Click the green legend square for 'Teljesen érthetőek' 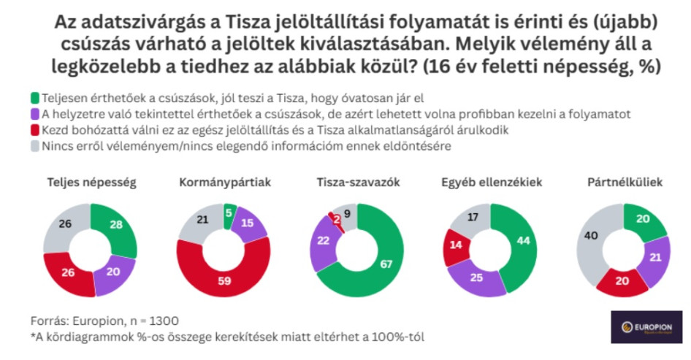pyautogui.click(x=34, y=96)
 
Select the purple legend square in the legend pyautogui.click(x=34, y=113)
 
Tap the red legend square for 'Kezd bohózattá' pyautogui.click(x=34, y=130)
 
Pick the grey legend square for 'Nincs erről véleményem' pyautogui.click(x=34, y=146)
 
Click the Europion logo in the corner pyautogui.click(x=646, y=326)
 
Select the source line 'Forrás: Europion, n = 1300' pyautogui.click(x=104, y=319)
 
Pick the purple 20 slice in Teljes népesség pyautogui.click(x=112, y=275)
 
